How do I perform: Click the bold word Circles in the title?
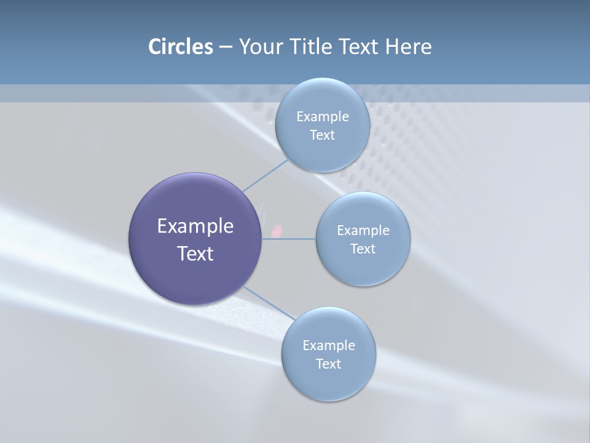pyautogui.click(x=180, y=47)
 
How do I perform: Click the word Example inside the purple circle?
pyautogui.click(x=195, y=226)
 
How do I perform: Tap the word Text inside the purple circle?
pyautogui.click(x=195, y=253)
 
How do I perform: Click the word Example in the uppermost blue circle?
pyautogui.click(x=322, y=117)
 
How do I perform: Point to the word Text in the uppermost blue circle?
pyautogui.click(x=322, y=135)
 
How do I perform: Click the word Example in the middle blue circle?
pyautogui.click(x=363, y=231)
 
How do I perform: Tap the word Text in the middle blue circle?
pyautogui.click(x=363, y=249)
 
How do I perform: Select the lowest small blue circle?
pyautogui.click(x=328, y=381)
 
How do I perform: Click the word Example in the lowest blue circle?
pyautogui.click(x=328, y=346)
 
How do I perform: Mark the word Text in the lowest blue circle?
pyautogui.click(x=328, y=364)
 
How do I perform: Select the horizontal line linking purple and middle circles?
pyautogui.click(x=289, y=239)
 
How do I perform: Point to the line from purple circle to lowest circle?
pyautogui.click(x=269, y=302)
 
